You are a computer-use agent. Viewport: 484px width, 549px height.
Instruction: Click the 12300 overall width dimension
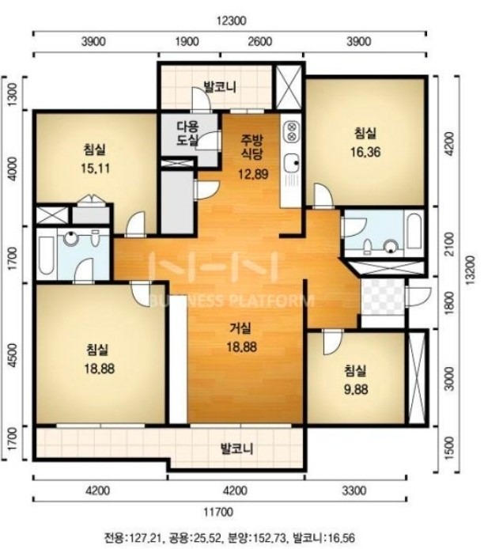pos(231,21)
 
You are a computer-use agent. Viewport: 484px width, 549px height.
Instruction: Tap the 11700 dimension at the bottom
pos(217,513)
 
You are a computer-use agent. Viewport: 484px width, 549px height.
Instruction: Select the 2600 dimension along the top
pos(259,42)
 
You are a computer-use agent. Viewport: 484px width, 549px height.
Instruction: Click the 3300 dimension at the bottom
pos(354,490)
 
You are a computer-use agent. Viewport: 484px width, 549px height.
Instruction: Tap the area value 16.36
pos(365,153)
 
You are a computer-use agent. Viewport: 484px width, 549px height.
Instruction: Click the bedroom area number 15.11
pos(95,168)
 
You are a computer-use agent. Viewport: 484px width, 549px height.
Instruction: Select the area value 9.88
pos(356,389)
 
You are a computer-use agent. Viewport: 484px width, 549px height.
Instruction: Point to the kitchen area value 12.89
pos(253,173)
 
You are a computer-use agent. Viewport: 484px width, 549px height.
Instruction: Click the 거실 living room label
pos(240,328)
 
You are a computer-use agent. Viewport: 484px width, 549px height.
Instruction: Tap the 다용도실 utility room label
pos(187,133)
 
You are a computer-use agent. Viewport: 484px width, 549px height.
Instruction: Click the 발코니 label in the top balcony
pos(220,86)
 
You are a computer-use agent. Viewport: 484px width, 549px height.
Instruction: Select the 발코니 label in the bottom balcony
pos(237,449)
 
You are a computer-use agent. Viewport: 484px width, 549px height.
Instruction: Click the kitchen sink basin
pos(291,163)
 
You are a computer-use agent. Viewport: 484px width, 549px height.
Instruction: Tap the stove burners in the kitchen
pos(291,130)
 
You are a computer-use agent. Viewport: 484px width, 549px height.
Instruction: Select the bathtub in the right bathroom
pos(414,231)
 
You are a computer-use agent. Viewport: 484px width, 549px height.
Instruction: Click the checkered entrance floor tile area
pos(383,297)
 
